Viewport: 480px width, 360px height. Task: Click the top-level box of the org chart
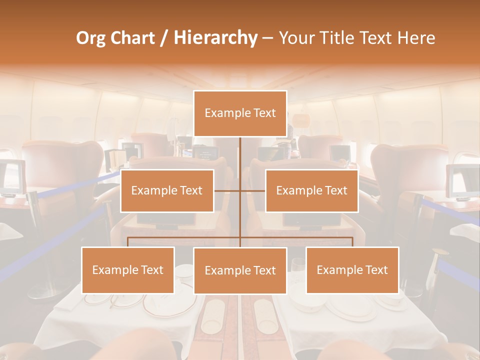coord(240,113)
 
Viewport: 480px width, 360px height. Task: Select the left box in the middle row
coord(167,190)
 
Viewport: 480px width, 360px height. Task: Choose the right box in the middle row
coord(311,190)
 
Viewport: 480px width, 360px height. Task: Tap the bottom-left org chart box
coord(127,270)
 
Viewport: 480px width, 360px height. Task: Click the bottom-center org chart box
coord(240,270)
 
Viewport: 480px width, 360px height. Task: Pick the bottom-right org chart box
coord(352,270)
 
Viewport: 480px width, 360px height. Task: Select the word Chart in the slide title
coord(134,37)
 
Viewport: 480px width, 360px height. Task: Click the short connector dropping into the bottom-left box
coord(128,242)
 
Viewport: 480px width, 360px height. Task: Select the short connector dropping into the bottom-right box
coord(352,242)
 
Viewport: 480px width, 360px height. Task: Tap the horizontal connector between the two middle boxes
coord(239,190)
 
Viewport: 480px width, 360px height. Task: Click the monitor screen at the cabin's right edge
coord(462,181)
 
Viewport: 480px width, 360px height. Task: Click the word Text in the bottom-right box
coord(376,270)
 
